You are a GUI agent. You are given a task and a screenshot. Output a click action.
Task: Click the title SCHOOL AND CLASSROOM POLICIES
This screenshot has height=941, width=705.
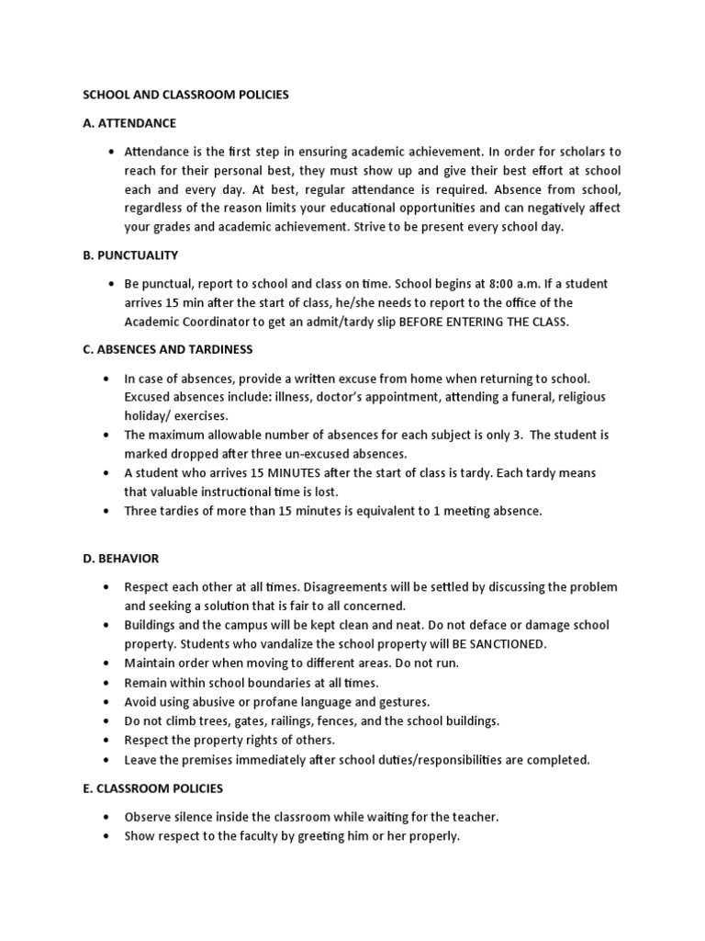point(186,95)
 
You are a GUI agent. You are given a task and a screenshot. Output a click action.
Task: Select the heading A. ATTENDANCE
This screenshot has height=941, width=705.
point(129,122)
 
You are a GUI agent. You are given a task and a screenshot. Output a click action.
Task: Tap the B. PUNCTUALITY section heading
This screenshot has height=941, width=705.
point(130,255)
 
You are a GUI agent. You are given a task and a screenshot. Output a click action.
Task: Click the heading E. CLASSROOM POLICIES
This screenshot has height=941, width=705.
point(153,788)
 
